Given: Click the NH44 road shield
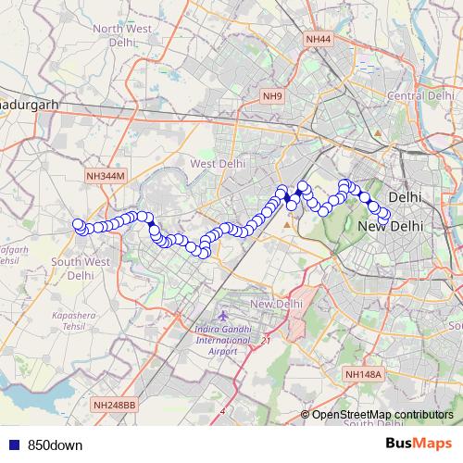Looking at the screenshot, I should click(318, 39).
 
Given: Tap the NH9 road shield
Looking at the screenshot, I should click(271, 95).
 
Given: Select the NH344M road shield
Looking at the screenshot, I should click(104, 175).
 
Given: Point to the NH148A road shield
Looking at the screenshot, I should click(362, 373).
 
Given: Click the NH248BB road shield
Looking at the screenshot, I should click(114, 405).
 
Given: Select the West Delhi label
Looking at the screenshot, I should click(216, 163).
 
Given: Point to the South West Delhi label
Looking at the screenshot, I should click(80, 269).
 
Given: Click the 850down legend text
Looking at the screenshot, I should click(55, 444).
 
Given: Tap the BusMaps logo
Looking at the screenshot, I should click(418, 444).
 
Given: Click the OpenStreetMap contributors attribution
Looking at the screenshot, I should click(382, 414).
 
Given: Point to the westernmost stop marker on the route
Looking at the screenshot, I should click(79, 223).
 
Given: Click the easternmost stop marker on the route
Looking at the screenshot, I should click(385, 218).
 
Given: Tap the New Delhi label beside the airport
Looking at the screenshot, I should click(277, 304).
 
